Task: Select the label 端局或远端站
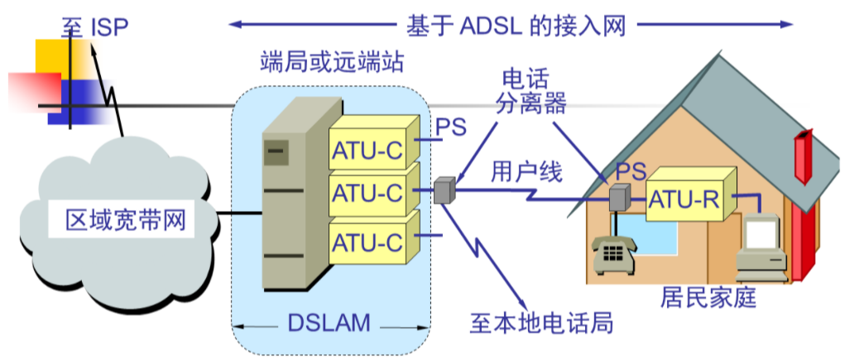pos(331,61)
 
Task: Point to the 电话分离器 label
pos(533,91)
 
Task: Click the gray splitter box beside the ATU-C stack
pos(444,190)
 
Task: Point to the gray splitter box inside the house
pos(619,198)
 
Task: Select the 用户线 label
pos(526,171)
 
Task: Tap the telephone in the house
pos(613,253)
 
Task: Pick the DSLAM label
pos(329,323)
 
